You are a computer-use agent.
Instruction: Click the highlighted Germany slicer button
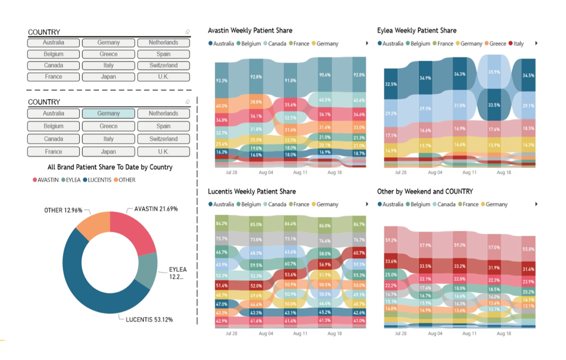pos(109,114)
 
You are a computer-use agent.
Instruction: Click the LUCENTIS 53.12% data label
pos(149,319)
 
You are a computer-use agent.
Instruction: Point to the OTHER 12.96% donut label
pos(63,210)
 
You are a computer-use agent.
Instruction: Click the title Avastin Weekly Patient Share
pos(250,31)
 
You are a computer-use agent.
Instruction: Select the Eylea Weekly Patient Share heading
pos(416,31)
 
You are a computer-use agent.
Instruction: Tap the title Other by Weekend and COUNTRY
pos(425,192)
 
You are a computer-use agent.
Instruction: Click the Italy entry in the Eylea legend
pos(515,44)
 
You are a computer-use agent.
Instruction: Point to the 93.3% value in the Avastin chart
pos(221,81)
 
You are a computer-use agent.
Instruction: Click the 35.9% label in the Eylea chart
pos(494,72)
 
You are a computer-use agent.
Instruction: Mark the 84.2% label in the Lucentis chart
pos(221,224)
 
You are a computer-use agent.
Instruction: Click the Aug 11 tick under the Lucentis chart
pos(300,334)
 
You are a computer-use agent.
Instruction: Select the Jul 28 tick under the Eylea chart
pos(400,172)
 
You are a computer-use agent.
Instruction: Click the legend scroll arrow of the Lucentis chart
pos(367,204)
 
